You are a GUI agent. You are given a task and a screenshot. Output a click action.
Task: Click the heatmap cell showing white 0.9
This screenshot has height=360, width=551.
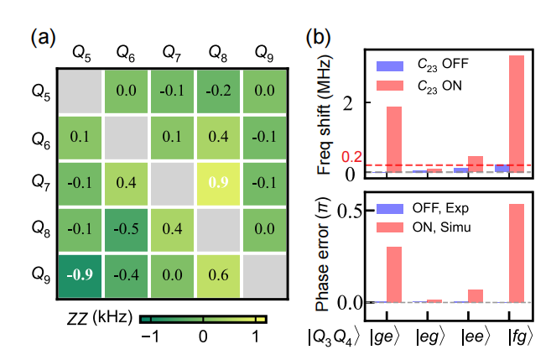[x=219, y=182]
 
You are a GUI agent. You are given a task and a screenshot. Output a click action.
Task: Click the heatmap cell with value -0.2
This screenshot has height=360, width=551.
[x=219, y=89]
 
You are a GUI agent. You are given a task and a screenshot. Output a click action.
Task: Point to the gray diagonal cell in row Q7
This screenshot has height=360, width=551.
[x=173, y=182]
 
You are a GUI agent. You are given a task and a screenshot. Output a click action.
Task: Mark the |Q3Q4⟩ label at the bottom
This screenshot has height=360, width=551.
[x=335, y=340]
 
